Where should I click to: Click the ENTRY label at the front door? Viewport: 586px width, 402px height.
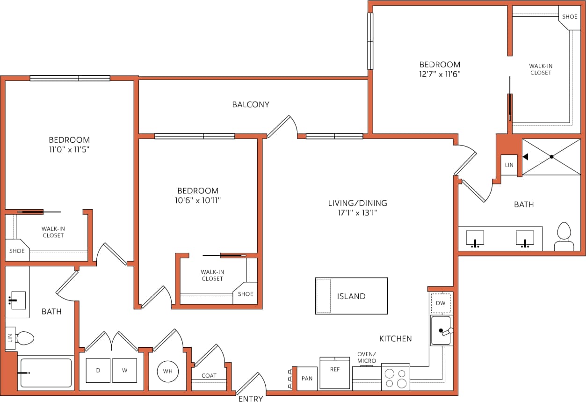pos(251,399)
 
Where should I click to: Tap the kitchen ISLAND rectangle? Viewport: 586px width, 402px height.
pos(351,296)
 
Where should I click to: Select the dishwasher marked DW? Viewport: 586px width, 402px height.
pos(441,303)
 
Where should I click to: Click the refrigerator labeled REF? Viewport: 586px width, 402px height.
pos(335,373)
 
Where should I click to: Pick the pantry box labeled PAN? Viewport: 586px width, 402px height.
pos(307,378)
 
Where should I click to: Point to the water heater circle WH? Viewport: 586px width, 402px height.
pos(167,371)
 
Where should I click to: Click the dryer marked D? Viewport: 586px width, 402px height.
pos(98,370)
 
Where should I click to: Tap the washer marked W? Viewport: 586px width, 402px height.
pos(124,370)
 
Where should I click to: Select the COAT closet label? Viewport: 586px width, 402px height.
pos(209,375)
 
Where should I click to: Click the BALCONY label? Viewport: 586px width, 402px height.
pos(251,104)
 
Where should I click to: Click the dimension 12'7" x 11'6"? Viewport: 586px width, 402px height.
pos(440,74)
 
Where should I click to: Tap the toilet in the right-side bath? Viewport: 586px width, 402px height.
pos(564,237)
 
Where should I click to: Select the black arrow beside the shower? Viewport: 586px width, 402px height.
pos(525,157)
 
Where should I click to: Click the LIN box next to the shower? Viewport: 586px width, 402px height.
pos(509,165)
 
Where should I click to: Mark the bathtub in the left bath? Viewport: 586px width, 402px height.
pos(46,373)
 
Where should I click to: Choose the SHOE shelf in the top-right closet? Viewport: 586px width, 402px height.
pos(570,17)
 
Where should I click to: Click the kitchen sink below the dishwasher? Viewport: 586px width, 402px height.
pos(441,330)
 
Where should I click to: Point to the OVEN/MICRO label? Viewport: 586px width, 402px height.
pos(366,357)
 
